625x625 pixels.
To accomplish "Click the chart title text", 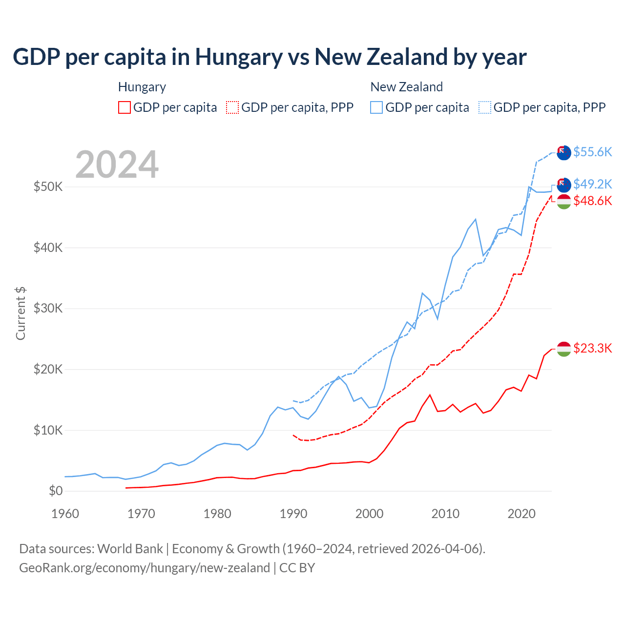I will coord(270,57).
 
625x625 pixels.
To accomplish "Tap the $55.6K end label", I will coord(592,152).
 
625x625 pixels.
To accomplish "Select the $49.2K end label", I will coord(592,184).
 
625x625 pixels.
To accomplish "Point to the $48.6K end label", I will coord(592,201).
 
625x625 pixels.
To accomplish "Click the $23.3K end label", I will coord(592,348).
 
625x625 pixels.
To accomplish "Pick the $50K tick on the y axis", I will coord(48,187).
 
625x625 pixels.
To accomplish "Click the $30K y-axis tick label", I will coord(48,308).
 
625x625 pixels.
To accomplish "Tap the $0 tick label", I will coord(56,491).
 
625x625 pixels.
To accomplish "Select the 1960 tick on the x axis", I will coord(65,514).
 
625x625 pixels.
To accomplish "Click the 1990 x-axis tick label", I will coord(293,514).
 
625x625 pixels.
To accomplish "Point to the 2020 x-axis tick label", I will coord(521,514).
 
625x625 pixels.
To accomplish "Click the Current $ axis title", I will coord(21,313).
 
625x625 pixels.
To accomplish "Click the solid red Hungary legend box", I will coord(125,107).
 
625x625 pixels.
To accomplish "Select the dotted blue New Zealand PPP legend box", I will coord(485,107).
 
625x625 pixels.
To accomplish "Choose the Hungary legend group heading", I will coord(142,87).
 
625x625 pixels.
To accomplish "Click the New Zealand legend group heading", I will coord(406,87).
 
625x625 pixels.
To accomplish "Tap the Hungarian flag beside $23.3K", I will coord(563,349).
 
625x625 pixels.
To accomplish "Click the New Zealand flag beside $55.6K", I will coord(563,152).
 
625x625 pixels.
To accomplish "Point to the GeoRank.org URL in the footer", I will coord(145,568).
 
